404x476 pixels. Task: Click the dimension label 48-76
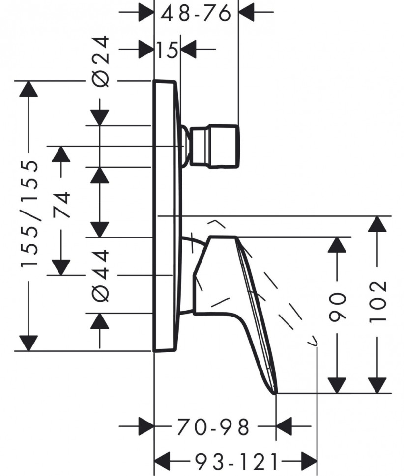[x=196, y=14]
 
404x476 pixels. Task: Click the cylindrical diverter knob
[x=215, y=146]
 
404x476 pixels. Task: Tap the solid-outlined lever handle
[x=231, y=294]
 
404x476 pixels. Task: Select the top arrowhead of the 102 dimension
[x=377, y=225]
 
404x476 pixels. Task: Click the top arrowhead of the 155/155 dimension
[x=29, y=90]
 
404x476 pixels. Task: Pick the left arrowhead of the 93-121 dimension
[x=163, y=462]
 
